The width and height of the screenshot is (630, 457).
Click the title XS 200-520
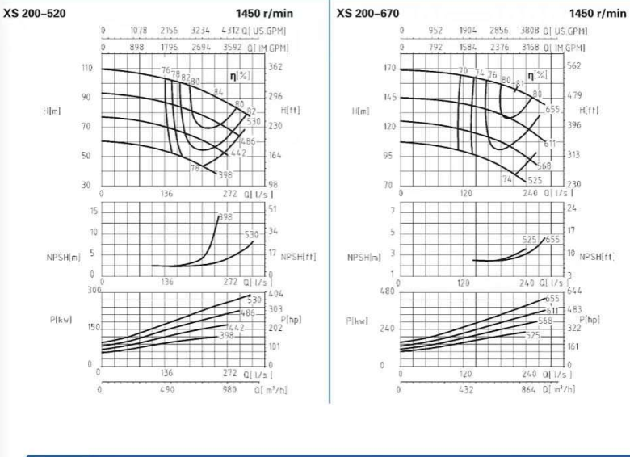click(37, 14)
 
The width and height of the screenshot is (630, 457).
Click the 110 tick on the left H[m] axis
click(86, 68)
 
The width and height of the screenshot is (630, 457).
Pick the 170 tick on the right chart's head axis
click(389, 68)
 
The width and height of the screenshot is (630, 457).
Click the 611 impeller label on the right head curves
click(551, 144)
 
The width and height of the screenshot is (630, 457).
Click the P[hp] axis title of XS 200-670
click(590, 319)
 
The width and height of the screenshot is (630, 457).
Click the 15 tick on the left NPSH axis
click(93, 211)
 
